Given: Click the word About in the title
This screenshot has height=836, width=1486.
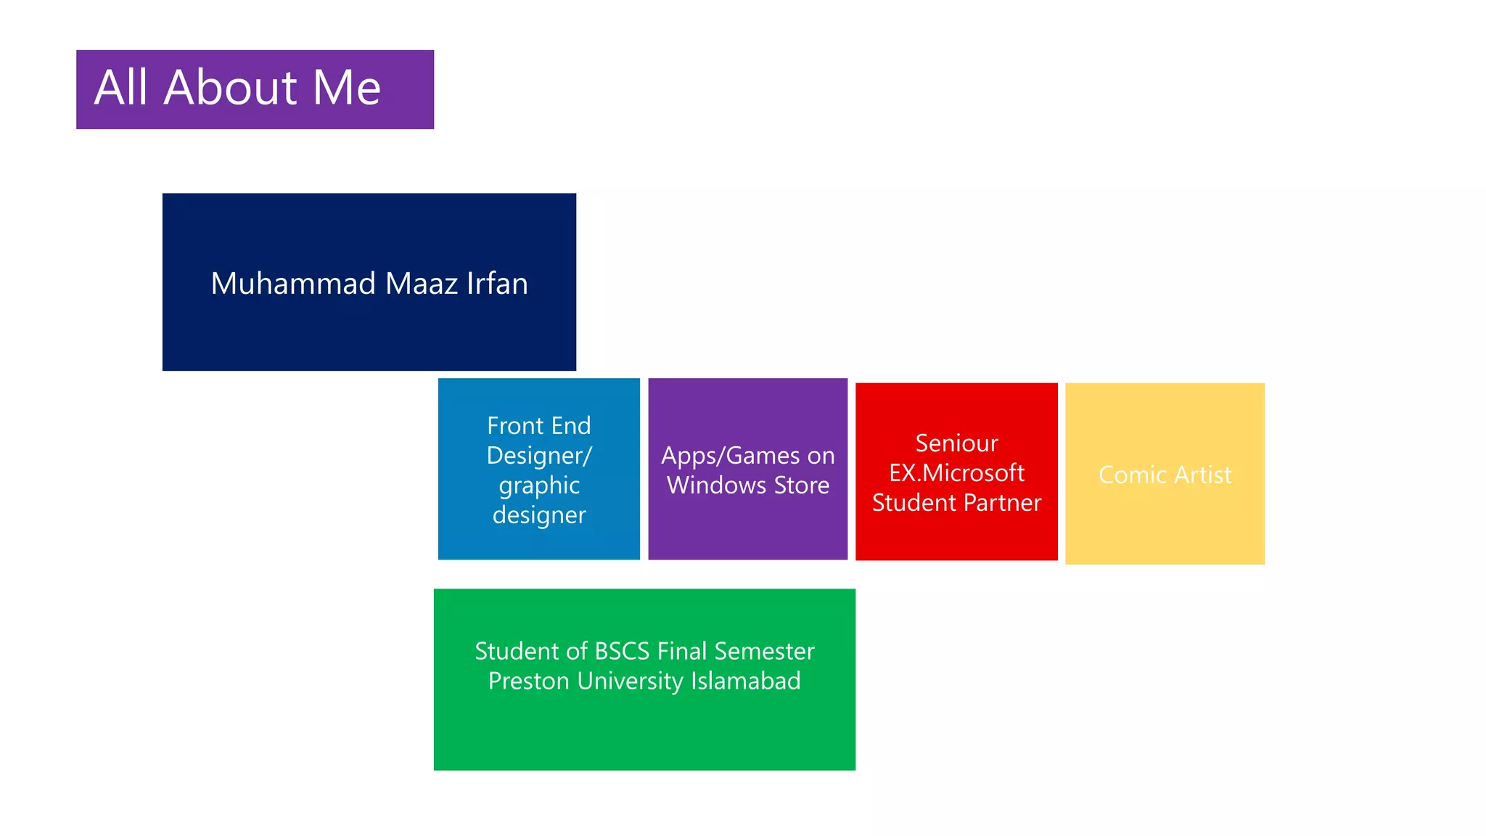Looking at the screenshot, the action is [x=230, y=88].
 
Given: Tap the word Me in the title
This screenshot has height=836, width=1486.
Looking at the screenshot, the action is [x=346, y=88].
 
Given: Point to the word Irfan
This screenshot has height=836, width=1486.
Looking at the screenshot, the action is [x=497, y=284].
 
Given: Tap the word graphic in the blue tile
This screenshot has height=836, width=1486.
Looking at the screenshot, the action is [x=539, y=485].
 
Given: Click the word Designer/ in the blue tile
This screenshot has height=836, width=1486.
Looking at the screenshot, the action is [x=539, y=456].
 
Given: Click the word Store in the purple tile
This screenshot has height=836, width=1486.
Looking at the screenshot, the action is [x=801, y=485].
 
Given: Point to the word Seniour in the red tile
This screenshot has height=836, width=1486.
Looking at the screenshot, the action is [x=956, y=443].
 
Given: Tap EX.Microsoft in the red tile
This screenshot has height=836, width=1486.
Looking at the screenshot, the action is [x=956, y=473].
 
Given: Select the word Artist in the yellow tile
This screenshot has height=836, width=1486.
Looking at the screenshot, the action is [x=1202, y=475].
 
